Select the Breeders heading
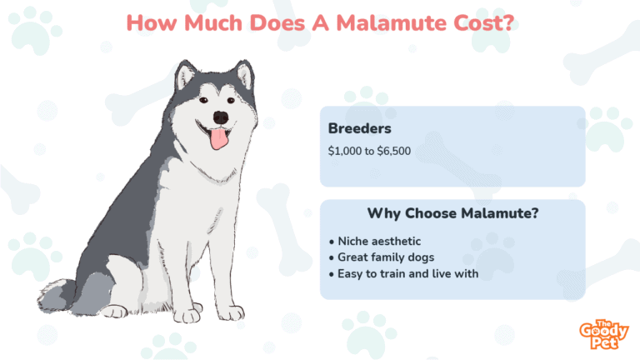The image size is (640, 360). click(x=360, y=128)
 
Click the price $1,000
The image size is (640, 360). click(x=345, y=151)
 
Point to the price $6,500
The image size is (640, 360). click(x=393, y=151)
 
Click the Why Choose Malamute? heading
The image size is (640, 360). click(x=452, y=213)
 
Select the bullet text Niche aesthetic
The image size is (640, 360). click(x=379, y=241)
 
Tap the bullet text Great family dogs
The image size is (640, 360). click(x=386, y=257)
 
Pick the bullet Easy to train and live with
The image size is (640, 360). click(x=407, y=273)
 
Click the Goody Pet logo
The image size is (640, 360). click(x=603, y=335)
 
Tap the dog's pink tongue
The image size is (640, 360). click(x=219, y=139)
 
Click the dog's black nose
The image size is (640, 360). click(x=221, y=117)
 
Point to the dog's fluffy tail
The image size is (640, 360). click(x=56, y=296)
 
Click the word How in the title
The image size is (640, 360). click(x=152, y=22)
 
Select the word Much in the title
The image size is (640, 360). click(x=213, y=22)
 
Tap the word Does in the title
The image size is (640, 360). click(x=277, y=22)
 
